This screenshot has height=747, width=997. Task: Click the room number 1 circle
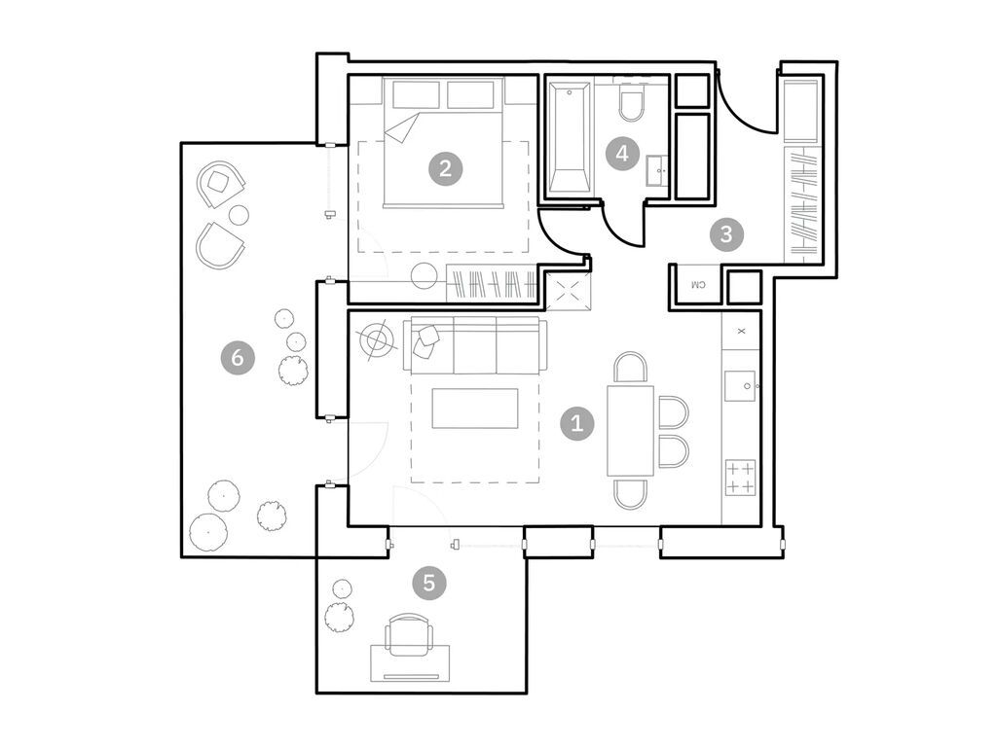tap(577, 423)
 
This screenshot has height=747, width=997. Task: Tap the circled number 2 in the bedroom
tap(445, 168)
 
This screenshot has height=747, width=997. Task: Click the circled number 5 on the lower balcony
tap(428, 584)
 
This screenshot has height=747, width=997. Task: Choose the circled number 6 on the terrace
tap(238, 358)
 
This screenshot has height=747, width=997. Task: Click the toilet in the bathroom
tap(631, 104)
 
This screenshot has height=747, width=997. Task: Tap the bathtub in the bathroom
tap(568, 138)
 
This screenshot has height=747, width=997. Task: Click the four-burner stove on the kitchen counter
tap(741, 478)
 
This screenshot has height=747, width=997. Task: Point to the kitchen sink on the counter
tap(742, 386)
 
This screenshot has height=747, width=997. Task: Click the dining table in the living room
tap(630, 430)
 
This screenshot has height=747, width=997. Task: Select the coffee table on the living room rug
tap(475, 408)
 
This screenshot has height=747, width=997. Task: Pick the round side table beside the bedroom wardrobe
tap(425, 276)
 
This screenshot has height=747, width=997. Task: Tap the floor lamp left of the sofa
tap(378, 339)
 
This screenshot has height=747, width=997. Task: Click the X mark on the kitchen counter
tap(741, 331)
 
